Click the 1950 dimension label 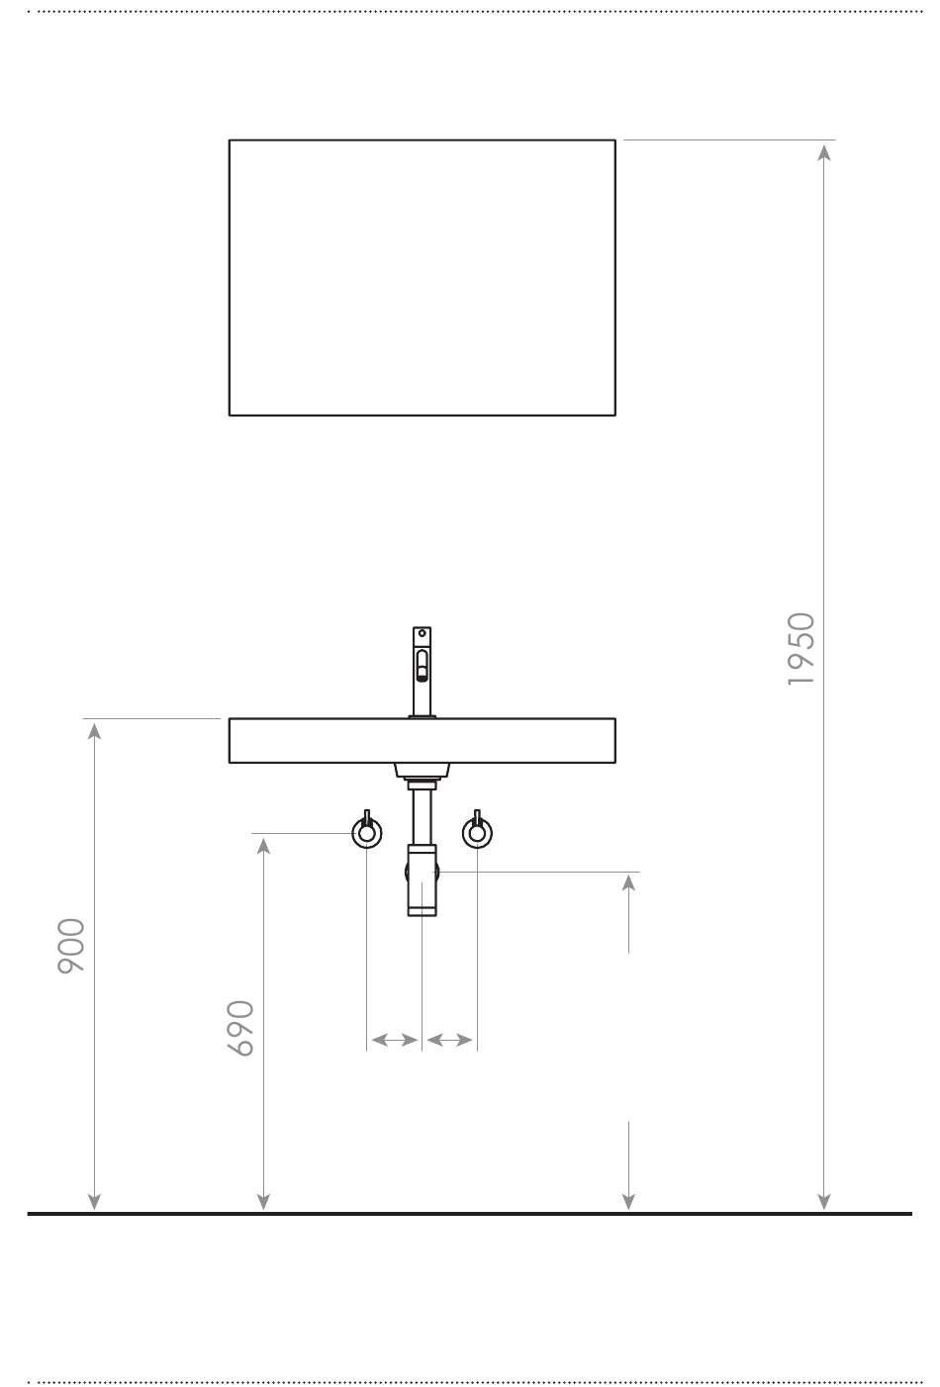pos(801,649)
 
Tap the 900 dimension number pos(71,946)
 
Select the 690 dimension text pos(240,1028)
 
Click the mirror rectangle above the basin pos(229,277)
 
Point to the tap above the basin pos(422,672)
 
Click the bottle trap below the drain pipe pos(422,879)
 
